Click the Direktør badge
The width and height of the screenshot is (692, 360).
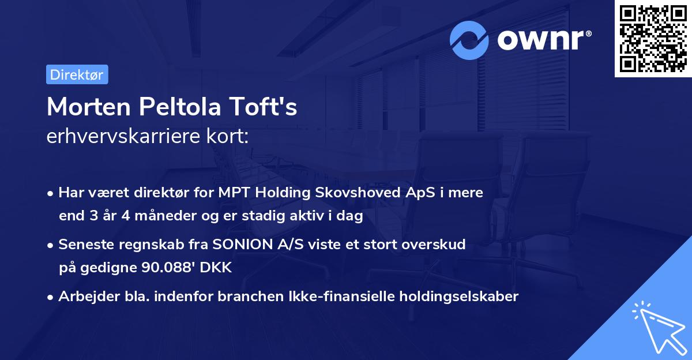(77, 74)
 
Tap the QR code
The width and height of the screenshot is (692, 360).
(653, 39)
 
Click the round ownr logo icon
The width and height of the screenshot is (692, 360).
(469, 40)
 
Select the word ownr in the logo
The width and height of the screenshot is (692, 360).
(544, 40)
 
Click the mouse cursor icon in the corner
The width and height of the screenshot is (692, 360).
(657, 327)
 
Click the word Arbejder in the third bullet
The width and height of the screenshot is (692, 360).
(84, 297)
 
